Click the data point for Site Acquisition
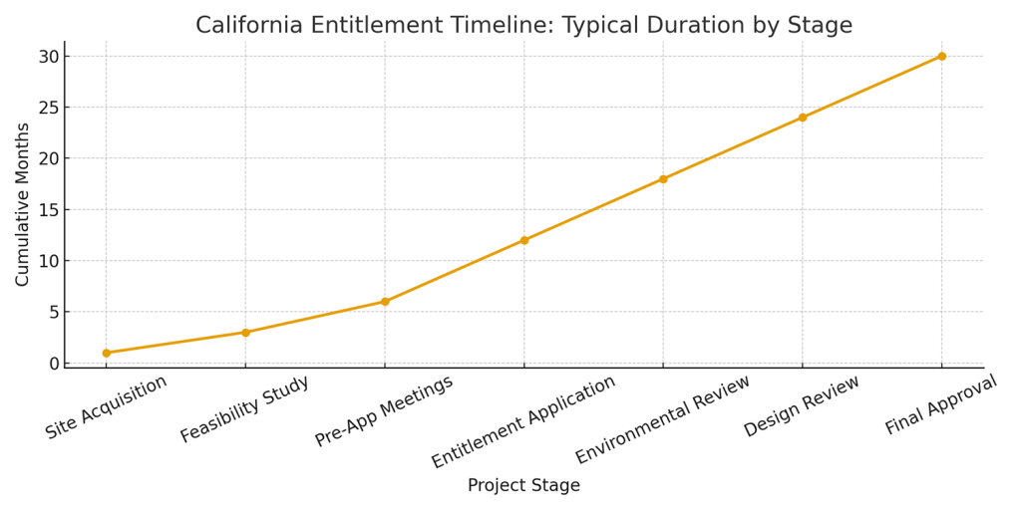click(106, 353)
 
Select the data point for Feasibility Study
click(245, 333)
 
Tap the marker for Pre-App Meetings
click(385, 302)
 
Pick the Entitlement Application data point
click(523, 240)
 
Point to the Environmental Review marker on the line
click(663, 179)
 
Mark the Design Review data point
click(802, 118)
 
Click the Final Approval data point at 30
click(941, 56)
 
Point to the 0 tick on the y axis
click(54, 364)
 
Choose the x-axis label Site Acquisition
click(107, 407)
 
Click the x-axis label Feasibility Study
click(245, 409)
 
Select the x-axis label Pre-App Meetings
click(384, 410)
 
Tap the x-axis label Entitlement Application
click(523, 421)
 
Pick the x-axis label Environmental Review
click(662, 419)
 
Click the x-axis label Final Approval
click(940, 404)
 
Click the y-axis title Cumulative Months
click(23, 204)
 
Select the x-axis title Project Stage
click(523, 486)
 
